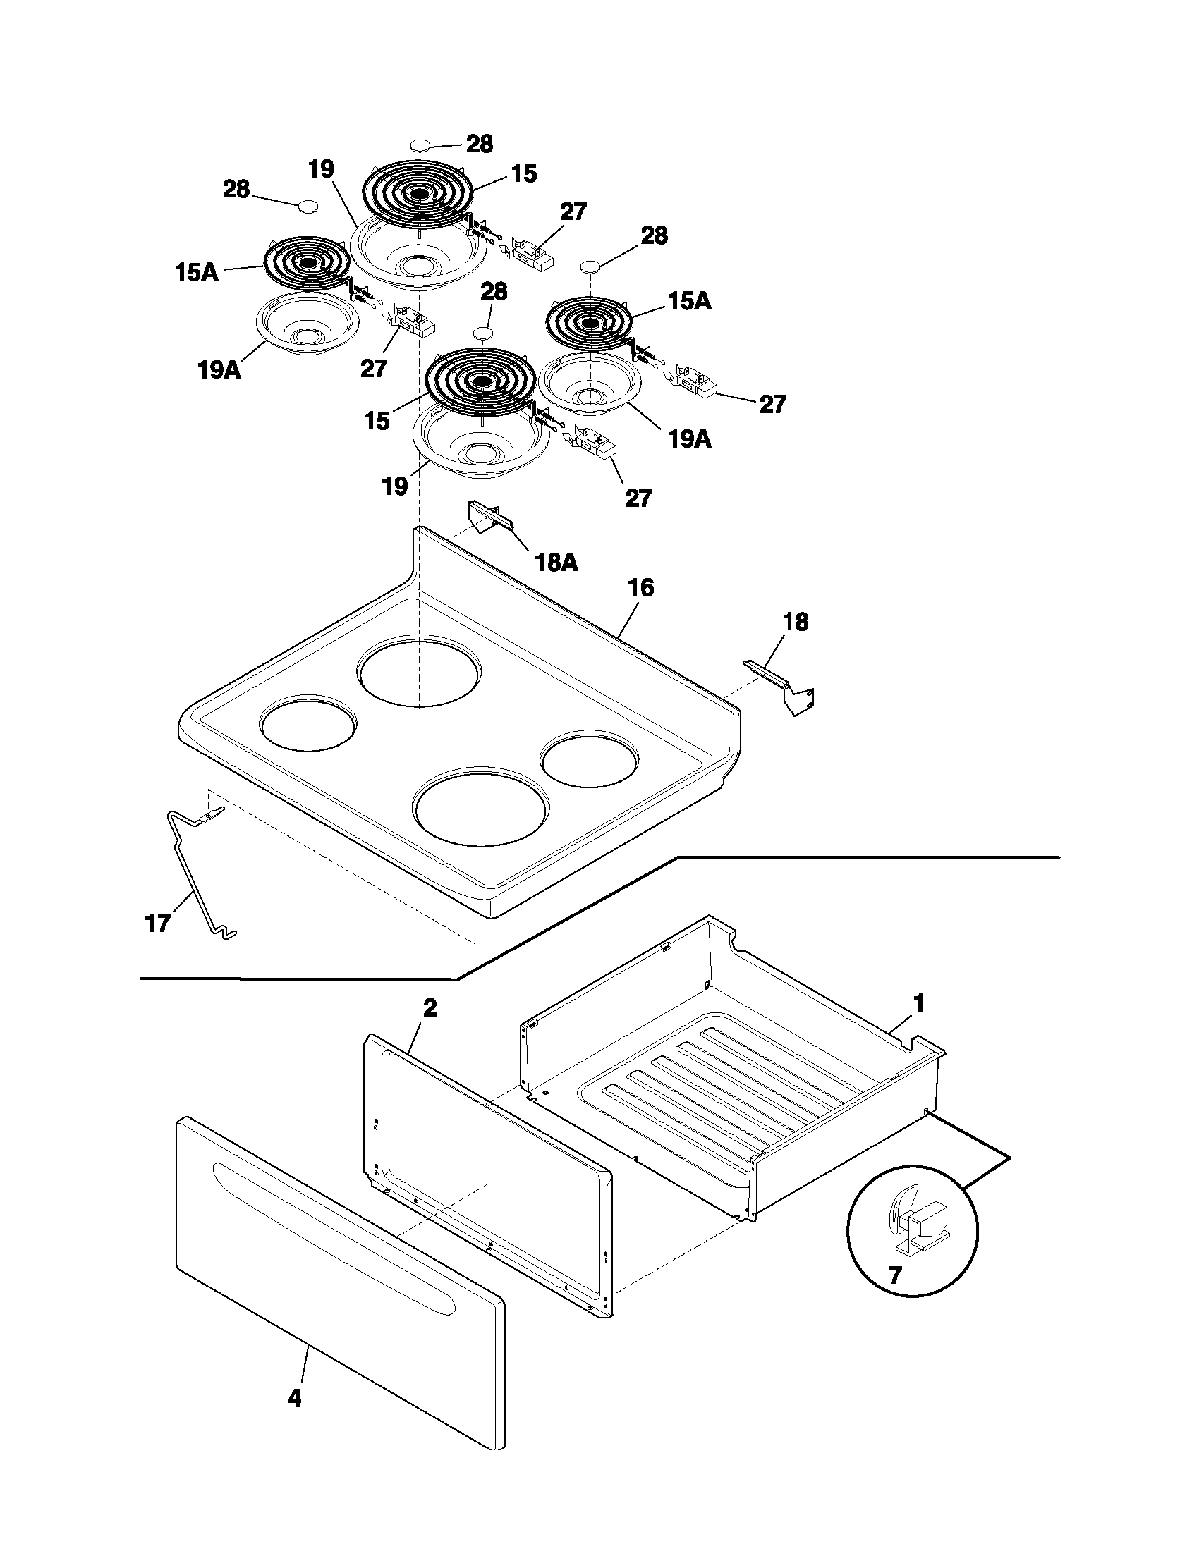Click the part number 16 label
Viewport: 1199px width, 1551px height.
(x=640, y=588)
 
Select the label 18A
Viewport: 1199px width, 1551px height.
(x=555, y=563)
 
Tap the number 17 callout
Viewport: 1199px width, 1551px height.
(x=157, y=923)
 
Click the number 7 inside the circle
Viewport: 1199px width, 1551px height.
(x=896, y=1275)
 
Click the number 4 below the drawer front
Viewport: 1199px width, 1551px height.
(x=295, y=1398)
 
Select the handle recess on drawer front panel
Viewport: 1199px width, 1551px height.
(x=334, y=1221)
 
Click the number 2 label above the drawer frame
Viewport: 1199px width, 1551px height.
(x=430, y=1007)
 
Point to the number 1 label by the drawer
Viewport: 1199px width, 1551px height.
(x=918, y=1003)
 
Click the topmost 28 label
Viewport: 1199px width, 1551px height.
(x=480, y=144)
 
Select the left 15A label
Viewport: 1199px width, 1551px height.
(x=196, y=272)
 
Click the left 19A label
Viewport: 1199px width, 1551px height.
(x=219, y=369)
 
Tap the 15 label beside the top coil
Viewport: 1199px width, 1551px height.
(x=524, y=174)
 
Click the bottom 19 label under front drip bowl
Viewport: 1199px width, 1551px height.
(x=395, y=486)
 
